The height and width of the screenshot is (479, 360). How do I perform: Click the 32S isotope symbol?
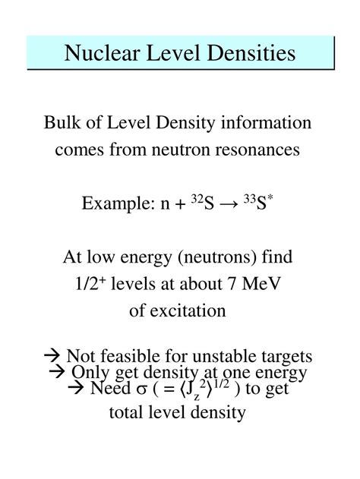click(x=201, y=204)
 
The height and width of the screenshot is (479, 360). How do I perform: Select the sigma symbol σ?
click(x=138, y=390)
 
